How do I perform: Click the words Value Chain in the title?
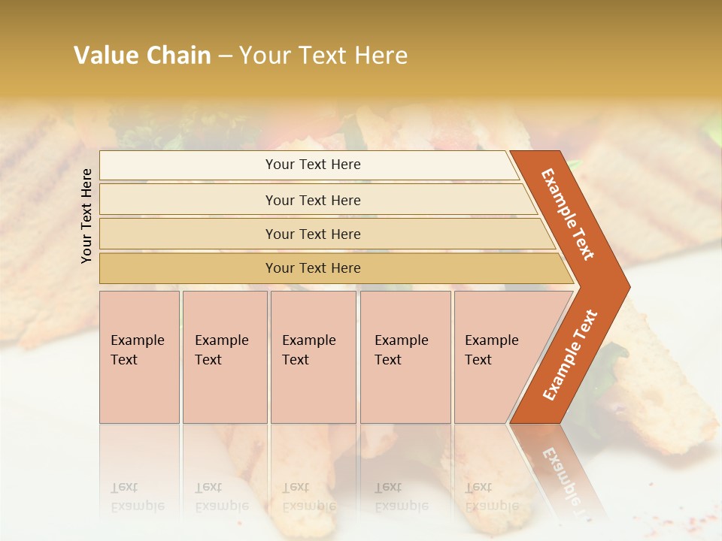142,56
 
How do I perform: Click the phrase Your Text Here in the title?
323,56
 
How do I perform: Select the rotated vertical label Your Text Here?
86,216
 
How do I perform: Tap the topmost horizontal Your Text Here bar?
313,165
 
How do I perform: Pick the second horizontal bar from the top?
313,200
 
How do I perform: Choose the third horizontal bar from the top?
313,234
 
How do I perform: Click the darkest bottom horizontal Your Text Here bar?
313,268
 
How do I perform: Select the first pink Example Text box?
139,357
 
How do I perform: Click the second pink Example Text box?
225,357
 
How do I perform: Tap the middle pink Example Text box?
313,357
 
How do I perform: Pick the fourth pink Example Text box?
405,357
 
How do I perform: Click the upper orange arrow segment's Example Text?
568,214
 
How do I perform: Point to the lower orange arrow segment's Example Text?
569,355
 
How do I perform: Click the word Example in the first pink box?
137,340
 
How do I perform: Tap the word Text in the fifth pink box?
478,360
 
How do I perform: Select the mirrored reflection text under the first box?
137,497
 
